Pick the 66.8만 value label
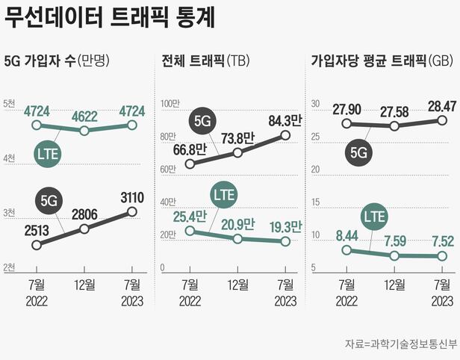click(x=190, y=149)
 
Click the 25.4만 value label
click(x=190, y=219)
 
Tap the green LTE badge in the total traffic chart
click(x=223, y=194)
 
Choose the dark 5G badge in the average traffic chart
click(x=359, y=152)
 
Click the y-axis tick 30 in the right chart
click(x=316, y=103)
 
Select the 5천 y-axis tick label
click(x=8, y=103)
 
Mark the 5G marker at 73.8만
click(x=237, y=152)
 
